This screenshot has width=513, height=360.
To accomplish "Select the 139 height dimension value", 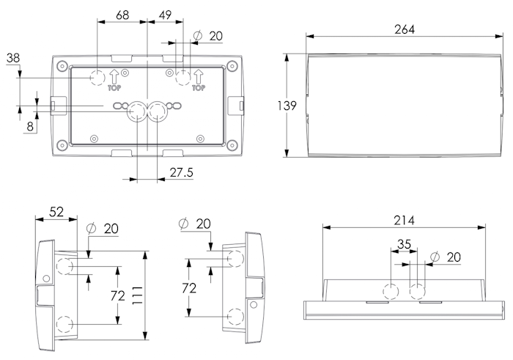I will pos(287,106).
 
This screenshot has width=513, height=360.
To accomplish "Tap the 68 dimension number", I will pos(123,15).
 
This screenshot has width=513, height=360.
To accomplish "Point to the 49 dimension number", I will pos(165,15).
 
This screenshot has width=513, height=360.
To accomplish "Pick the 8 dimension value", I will pos(30,126).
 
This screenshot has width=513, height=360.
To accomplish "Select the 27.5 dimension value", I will pos(181,174).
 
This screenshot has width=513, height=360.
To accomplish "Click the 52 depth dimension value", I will pos(56,212).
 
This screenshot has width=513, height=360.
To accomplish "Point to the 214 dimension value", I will pos(404,221).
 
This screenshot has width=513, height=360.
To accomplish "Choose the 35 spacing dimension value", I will pos(405,244).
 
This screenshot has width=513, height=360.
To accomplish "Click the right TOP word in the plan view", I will pos(197,87).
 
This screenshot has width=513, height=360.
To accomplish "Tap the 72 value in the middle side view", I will pos(189,288).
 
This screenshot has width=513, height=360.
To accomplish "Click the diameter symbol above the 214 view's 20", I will pos(435,257).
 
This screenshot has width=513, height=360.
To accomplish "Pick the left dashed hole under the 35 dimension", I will pos(392,291).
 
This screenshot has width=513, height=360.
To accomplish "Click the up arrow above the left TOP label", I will pos(114,75).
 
